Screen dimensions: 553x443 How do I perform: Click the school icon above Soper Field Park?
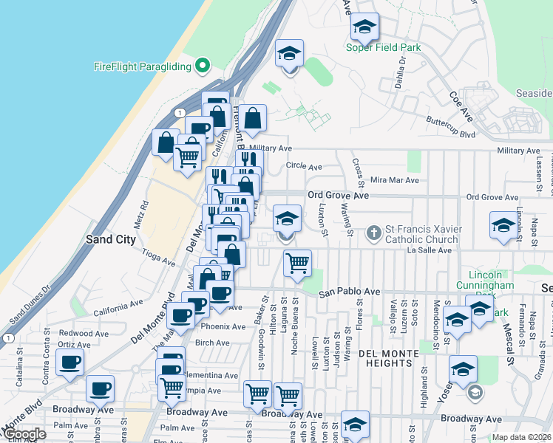point(364,27)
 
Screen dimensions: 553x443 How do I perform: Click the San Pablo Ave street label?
point(349,292)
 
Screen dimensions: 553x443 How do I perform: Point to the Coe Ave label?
point(461,102)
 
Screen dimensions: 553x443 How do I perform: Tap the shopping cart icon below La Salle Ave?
point(297,263)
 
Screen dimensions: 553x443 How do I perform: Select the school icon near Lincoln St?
point(503,225)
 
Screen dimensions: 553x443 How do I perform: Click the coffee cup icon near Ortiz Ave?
point(69,363)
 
